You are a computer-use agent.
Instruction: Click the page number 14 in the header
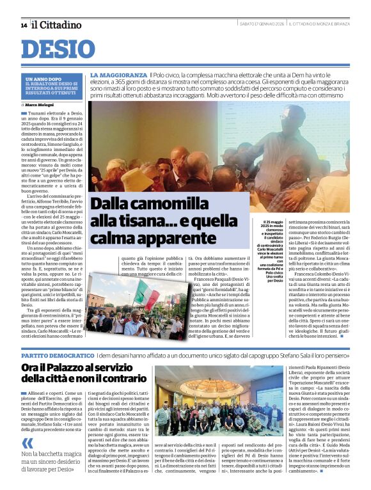(24, 25)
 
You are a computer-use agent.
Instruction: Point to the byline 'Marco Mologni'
(41, 104)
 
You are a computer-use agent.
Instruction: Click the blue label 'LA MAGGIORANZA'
(118, 75)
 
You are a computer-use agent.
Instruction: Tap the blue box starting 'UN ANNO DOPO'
(52, 86)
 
